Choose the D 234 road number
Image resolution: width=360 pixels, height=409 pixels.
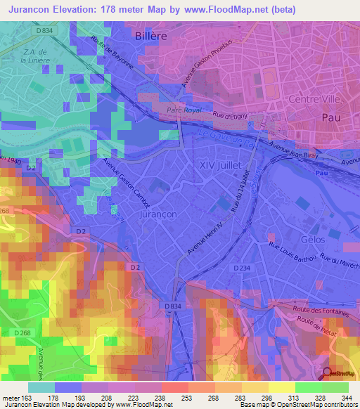243,267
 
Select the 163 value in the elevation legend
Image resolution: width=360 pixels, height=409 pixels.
22,398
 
